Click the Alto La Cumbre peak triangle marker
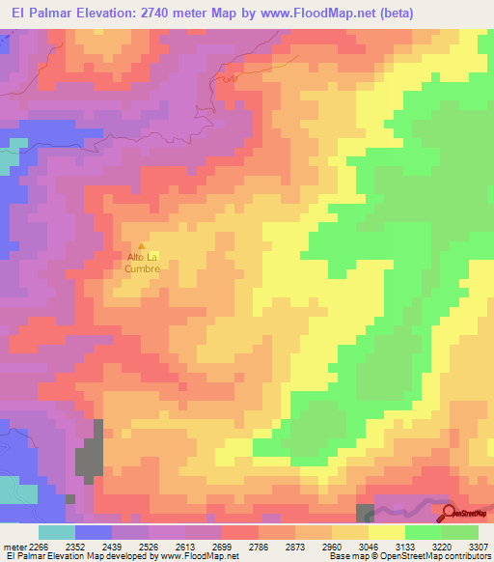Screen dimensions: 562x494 click(x=143, y=246)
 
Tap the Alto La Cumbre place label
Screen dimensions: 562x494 click(x=143, y=263)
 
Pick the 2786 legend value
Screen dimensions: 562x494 click(x=261, y=548)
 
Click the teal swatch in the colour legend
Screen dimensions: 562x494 click(x=56, y=532)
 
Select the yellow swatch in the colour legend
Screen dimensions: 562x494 click(x=386, y=532)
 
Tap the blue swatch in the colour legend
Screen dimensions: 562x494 click(x=93, y=532)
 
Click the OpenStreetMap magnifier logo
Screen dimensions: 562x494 click(x=450, y=514)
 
